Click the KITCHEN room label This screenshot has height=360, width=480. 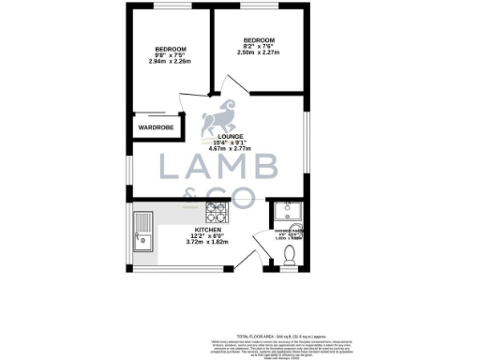point(207,229)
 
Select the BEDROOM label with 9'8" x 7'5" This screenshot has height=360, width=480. point(171,49)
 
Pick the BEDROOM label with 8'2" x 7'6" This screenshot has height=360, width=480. point(258,39)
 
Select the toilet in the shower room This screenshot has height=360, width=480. point(289,253)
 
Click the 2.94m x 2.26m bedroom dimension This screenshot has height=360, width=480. point(171,63)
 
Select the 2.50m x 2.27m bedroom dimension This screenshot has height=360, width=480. point(258,53)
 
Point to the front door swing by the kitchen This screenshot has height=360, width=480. point(247,255)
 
